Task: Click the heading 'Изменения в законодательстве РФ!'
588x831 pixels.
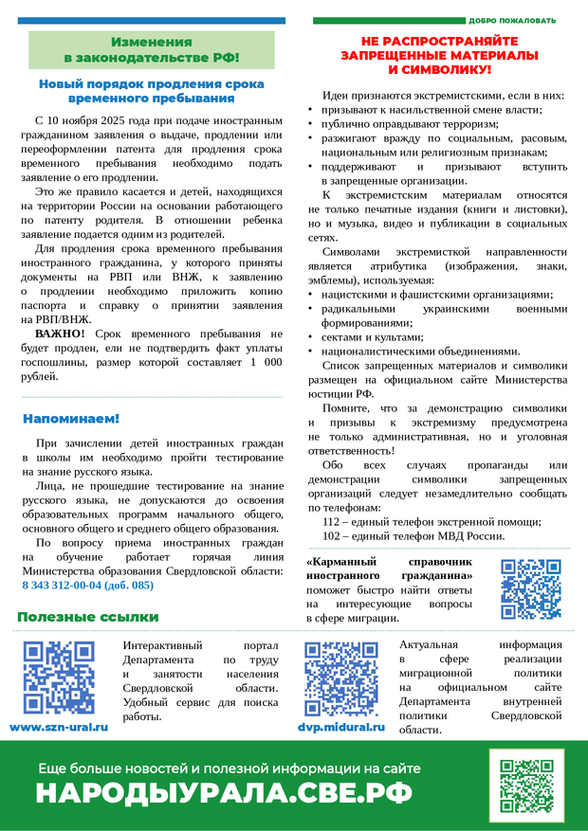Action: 151,49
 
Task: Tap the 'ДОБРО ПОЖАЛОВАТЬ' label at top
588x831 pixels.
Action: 513,20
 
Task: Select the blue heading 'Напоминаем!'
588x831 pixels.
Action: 71,418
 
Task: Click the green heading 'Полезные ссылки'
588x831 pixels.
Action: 87,617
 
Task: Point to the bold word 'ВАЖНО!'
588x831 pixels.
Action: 60,334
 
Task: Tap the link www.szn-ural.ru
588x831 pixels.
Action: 59,727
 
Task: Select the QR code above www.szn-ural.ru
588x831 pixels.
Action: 59,677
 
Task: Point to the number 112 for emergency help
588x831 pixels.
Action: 333,521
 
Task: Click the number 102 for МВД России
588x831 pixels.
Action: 333,535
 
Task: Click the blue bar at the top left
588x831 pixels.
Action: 151,20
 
